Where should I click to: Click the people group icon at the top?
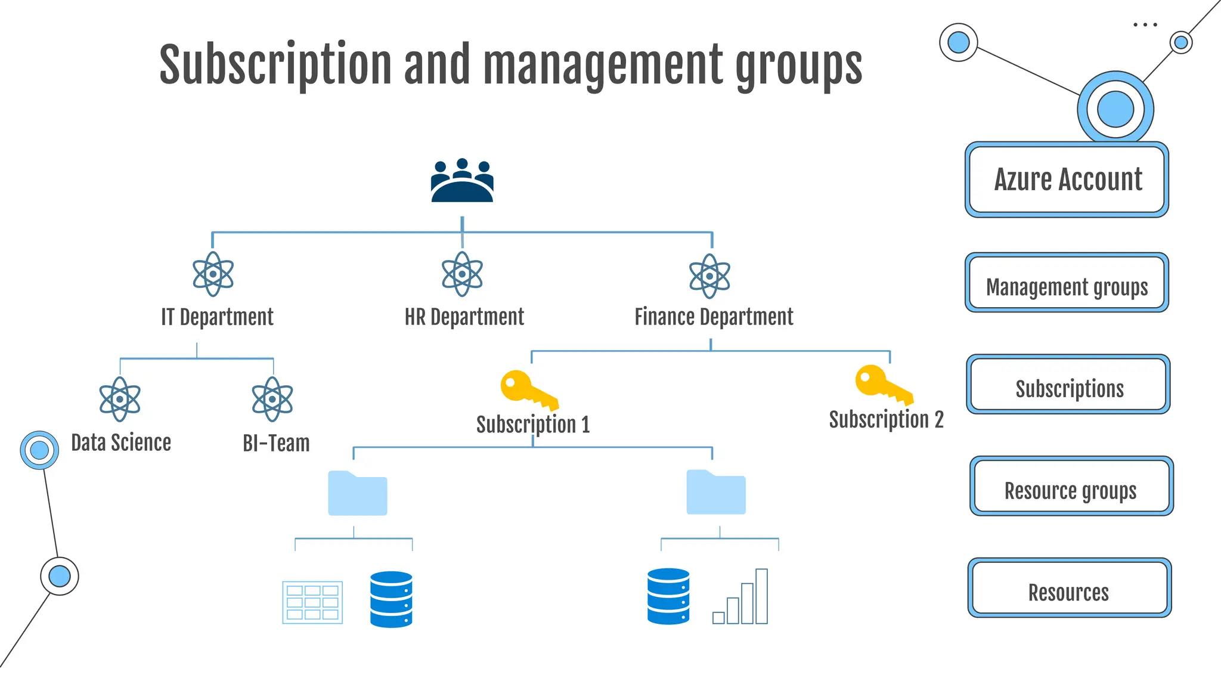[x=462, y=181]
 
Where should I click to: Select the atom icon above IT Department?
[x=213, y=274]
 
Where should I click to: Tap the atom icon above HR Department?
[x=462, y=274]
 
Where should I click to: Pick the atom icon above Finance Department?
[x=709, y=276]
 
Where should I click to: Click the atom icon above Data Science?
[x=120, y=399]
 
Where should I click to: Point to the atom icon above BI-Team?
[x=272, y=399]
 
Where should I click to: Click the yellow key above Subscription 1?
[x=528, y=389]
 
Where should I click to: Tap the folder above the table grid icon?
[x=358, y=493]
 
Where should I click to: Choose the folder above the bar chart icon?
[x=716, y=492]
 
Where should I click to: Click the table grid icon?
[x=312, y=602]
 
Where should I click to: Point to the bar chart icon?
[x=740, y=597]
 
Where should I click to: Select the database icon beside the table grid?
[x=391, y=599]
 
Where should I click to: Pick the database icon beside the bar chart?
[x=668, y=596]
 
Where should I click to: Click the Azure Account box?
[x=1067, y=180]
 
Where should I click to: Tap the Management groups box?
[x=1067, y=283]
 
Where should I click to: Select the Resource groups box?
[x=1071, y=486]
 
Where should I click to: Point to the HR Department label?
[x=464, y=317]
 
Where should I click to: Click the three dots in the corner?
[x=1145, y=25]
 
